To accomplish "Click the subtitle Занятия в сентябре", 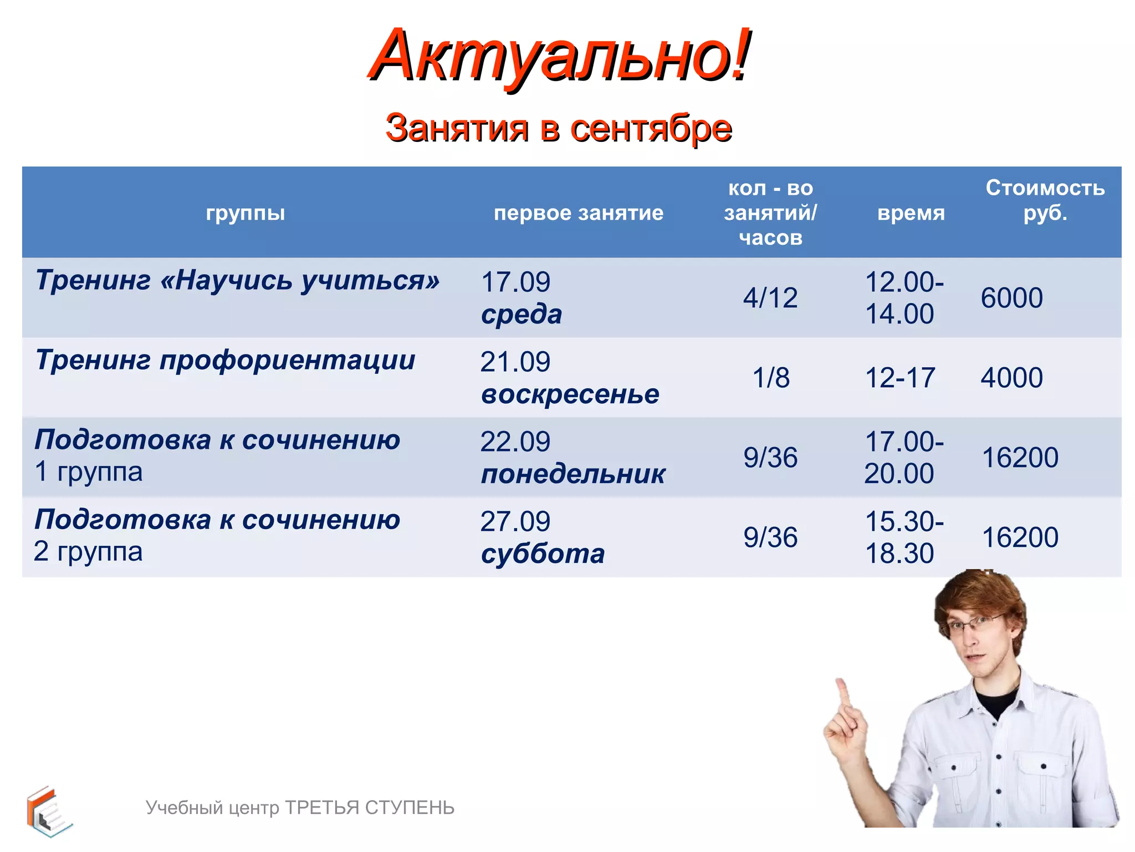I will click(559, 128).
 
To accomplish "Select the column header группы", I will click(245, 212).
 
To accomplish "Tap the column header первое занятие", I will click(578, 212).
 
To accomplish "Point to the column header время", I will click(911, 212).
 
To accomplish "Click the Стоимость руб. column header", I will click(1045, 200).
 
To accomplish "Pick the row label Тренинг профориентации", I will click(225, 360).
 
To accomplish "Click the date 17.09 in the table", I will click(515, 282).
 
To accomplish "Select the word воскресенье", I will click(570, 394).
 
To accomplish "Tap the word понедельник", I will click(572, 474).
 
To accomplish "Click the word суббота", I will click(543, 554).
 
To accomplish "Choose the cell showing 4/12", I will click(770, 298).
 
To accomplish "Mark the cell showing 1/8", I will click(770, 378).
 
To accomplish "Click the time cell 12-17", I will click(899, 378).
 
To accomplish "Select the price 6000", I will click(1011, 298).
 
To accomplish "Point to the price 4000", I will click(1011, 378).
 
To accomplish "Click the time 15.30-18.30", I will click(903, 537).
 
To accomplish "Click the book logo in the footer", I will click(48, 811).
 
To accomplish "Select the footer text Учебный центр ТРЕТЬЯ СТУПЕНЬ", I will click(300, 808).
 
